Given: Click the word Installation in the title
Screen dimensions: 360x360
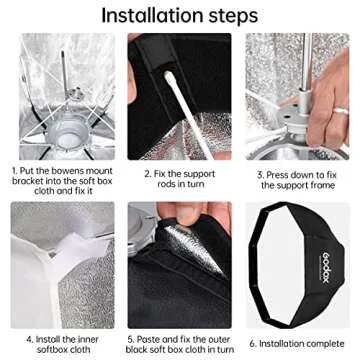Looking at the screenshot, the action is (152, 15).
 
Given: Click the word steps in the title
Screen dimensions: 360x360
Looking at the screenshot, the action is (233, 17).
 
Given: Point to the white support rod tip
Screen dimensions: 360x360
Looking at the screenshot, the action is (170, 79).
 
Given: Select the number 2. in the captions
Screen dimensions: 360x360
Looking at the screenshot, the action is (148, 174).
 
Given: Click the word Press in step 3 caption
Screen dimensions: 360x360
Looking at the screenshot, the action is (277, 175).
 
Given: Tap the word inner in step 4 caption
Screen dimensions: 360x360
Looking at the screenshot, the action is (88, 340).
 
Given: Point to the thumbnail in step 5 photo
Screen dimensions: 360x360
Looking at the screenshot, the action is (188, 212).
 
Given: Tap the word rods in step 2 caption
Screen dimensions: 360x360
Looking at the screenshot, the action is (167, 184).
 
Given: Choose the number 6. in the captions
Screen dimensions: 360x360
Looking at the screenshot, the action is (253, 343).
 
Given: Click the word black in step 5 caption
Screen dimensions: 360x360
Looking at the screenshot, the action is (136, 350).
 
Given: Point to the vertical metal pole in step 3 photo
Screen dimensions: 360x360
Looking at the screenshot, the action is (307, 62).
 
